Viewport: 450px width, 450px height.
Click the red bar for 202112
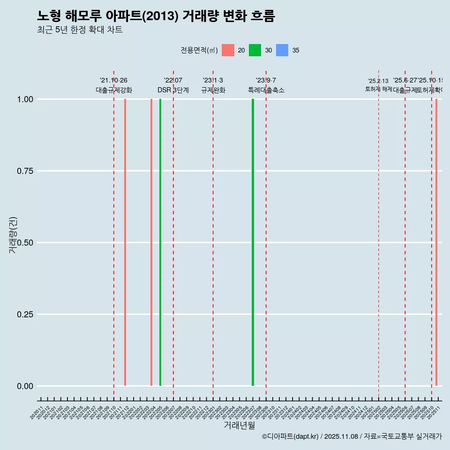tap(125, 242)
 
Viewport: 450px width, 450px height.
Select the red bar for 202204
tap(151, 242)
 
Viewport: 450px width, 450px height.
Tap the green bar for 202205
tap(160, 242)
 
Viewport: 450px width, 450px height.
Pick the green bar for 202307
tap(253, 242)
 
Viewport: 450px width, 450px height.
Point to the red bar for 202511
tap(436, 242)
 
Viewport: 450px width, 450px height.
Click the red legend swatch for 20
tap(228, 50)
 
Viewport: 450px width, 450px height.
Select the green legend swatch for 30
tap(255, 50)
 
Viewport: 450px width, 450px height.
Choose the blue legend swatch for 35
tap(282, 50)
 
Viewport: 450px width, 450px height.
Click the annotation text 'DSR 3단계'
tap(173, 90)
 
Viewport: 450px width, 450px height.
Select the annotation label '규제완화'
tap(213, 90)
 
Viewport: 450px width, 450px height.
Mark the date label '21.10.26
tap(113, 80)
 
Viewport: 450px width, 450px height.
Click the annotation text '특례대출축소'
tap(266, 90)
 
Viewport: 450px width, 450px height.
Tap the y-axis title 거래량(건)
tap(13, 235)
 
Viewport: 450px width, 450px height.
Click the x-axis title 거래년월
tap(240, 426)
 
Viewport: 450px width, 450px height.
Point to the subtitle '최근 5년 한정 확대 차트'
tap(80, 30)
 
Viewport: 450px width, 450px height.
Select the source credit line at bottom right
tap(352, 436)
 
